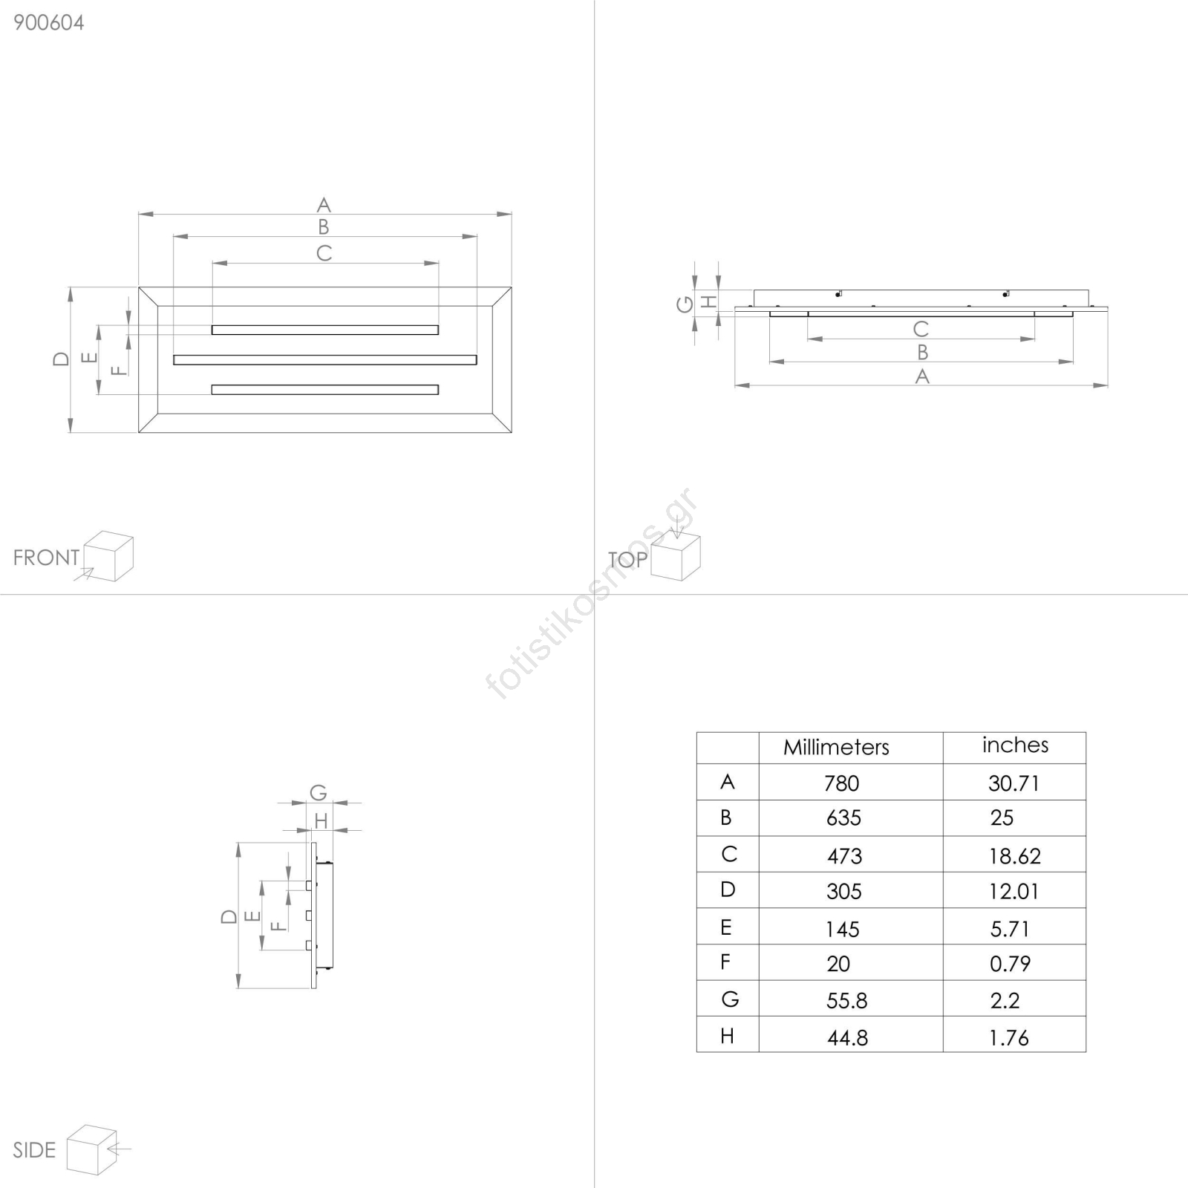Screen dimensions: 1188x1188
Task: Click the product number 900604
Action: click(x=49, y=23)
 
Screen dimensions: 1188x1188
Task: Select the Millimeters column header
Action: click(x=836, y=747)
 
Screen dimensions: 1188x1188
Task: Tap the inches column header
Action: click(x=1015, y=745)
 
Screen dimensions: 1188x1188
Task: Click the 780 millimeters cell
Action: click(x=841, y=783)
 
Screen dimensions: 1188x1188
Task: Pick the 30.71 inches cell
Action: click(x=1014, y=783)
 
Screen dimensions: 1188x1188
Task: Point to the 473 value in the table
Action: click(x=845, y=856)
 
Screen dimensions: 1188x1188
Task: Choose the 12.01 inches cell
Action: click(x=1014, y=892)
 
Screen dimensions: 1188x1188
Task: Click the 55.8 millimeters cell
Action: click(x=846, y=1001)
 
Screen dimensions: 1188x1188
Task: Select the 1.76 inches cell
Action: click(x=1009, y=1038)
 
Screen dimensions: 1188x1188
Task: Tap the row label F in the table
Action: click(x=725, y=962)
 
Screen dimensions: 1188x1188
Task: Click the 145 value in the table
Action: click(x=843, y=929)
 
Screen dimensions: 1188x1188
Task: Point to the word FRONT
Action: click(x=46, y=558)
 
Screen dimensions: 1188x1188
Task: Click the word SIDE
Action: click(x=34, y=1150)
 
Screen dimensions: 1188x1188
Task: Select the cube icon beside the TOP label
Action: click(x=676, y=556)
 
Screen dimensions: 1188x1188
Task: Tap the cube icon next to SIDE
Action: click(x=92, y=1150)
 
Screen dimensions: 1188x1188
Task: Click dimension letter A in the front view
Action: click(x=324, y=205)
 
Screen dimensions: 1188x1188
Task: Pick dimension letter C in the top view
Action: click(x=921, y=329)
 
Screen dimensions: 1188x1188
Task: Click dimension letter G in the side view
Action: click(x=319, y=793)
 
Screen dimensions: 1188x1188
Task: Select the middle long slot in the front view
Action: click(x=325, y=360)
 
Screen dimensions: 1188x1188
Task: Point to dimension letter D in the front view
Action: click(x=61, y=359)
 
